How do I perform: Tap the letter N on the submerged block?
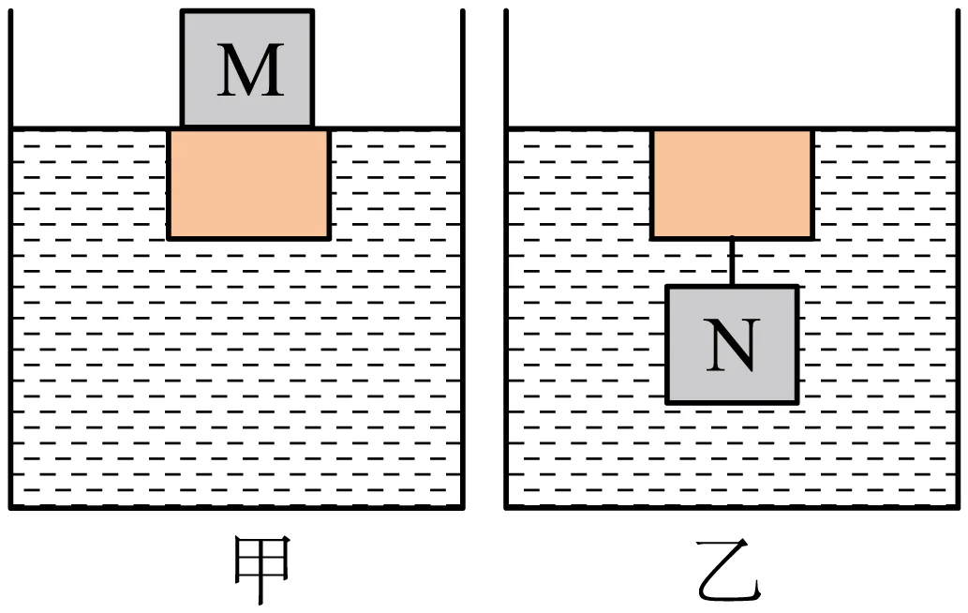pos(732,346)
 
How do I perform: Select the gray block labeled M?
pos(247,68)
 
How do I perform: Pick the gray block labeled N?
pos(732,345)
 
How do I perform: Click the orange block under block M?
pos(248,184)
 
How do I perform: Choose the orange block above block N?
pos(732,184)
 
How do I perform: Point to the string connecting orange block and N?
pos(732,262)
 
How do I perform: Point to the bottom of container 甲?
pos(236,507)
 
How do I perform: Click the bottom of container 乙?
pos(732,507)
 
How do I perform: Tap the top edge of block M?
pos(247,10)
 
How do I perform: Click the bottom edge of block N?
pos(732,402)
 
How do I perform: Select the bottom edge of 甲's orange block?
pos(248,238)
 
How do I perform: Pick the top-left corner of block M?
pos(182,10)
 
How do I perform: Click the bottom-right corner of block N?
pos(798,403)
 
